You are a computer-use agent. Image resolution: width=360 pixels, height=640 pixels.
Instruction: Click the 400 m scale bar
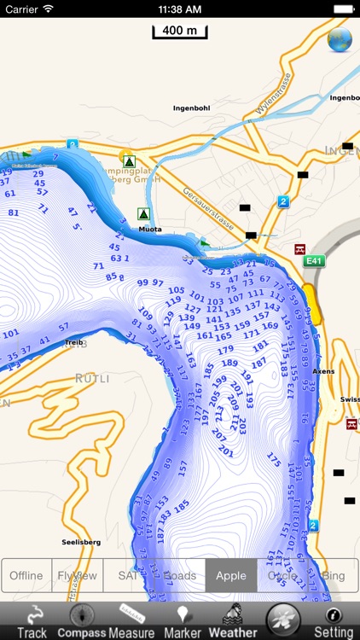180,32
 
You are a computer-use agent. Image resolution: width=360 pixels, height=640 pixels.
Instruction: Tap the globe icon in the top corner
340,39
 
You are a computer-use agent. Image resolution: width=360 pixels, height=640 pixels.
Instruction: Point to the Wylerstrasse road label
273,94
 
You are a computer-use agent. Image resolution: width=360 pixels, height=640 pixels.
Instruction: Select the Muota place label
149,229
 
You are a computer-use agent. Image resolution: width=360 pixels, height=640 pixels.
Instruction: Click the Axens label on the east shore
324,372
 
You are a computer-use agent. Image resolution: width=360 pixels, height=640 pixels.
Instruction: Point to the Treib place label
74,341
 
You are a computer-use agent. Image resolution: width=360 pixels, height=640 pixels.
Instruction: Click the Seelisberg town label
81,542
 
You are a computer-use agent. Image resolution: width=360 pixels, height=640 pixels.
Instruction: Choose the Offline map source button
26,575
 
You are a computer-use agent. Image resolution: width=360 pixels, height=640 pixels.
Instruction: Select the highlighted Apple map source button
231,575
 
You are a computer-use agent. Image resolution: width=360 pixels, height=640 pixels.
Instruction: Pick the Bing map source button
334,575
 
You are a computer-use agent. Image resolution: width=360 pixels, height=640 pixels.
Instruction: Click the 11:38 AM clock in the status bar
180,9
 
